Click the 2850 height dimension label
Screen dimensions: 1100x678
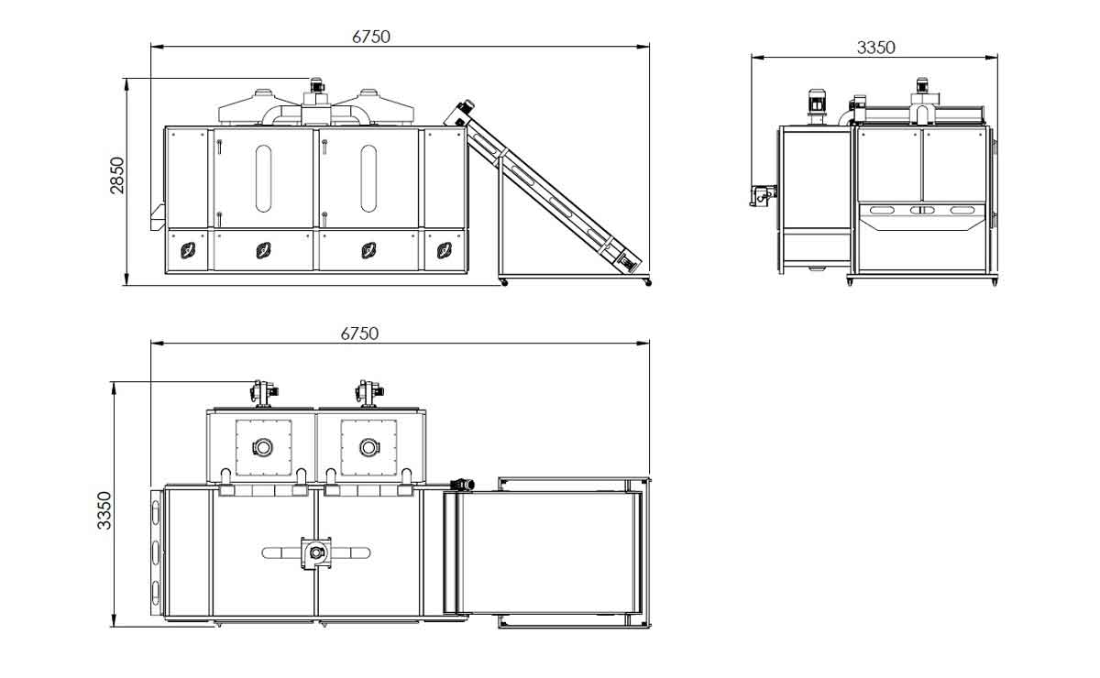pos(117,175)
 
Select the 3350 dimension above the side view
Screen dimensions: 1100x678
pos(875,48)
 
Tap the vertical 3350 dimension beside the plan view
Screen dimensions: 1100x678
pos(104,510)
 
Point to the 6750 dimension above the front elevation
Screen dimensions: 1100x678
pos(371,37)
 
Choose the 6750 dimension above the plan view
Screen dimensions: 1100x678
pos(359,334)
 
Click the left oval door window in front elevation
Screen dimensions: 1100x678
pos(263,179)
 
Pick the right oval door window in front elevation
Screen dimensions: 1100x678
pos(368,179)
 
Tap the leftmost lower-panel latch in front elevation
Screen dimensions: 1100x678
pos(188,250)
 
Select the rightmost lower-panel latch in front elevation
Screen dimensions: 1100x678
pos(445,250)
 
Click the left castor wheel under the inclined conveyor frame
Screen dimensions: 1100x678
pos(503,282)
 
